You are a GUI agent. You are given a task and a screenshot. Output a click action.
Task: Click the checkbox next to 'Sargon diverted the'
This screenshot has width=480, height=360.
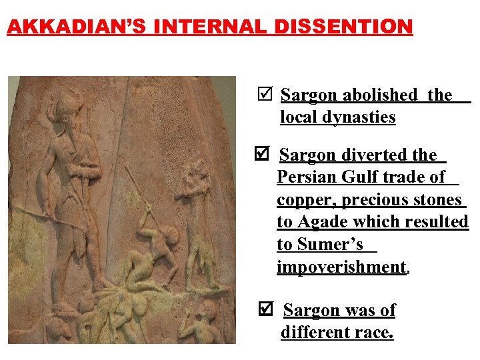coord(263,154)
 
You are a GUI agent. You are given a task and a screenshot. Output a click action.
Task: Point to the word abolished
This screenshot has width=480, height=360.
coord(381,95)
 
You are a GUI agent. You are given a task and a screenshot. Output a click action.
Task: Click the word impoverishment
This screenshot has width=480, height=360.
coord(341,267)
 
